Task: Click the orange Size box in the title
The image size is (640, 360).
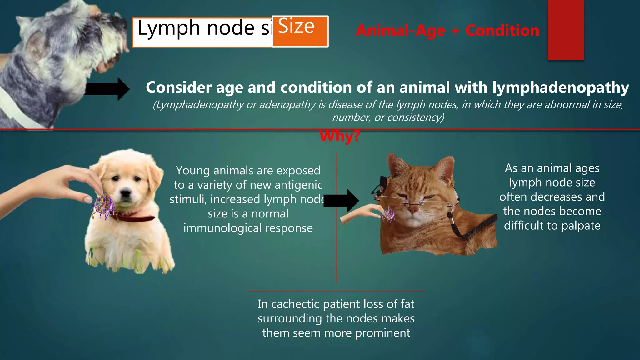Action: pyautogui.click(x=300, y=31)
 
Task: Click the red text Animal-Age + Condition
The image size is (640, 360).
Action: pyautogui.click(x=447, y=31)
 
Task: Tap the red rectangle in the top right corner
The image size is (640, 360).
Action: pyautogui.click(x=566, y=30)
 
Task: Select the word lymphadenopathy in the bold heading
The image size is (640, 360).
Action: pyautogui.click(x=561, y=87)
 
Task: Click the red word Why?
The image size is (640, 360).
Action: pyautogui.click(x=340, y=136)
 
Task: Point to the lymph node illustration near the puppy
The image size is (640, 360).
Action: pyautogui.click(x=102, y=206)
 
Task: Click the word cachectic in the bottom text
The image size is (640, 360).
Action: pyautogui.click(x=292, y=304)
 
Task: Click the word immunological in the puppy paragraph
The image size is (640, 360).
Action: pyautogui.click(x=222, y=228)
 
